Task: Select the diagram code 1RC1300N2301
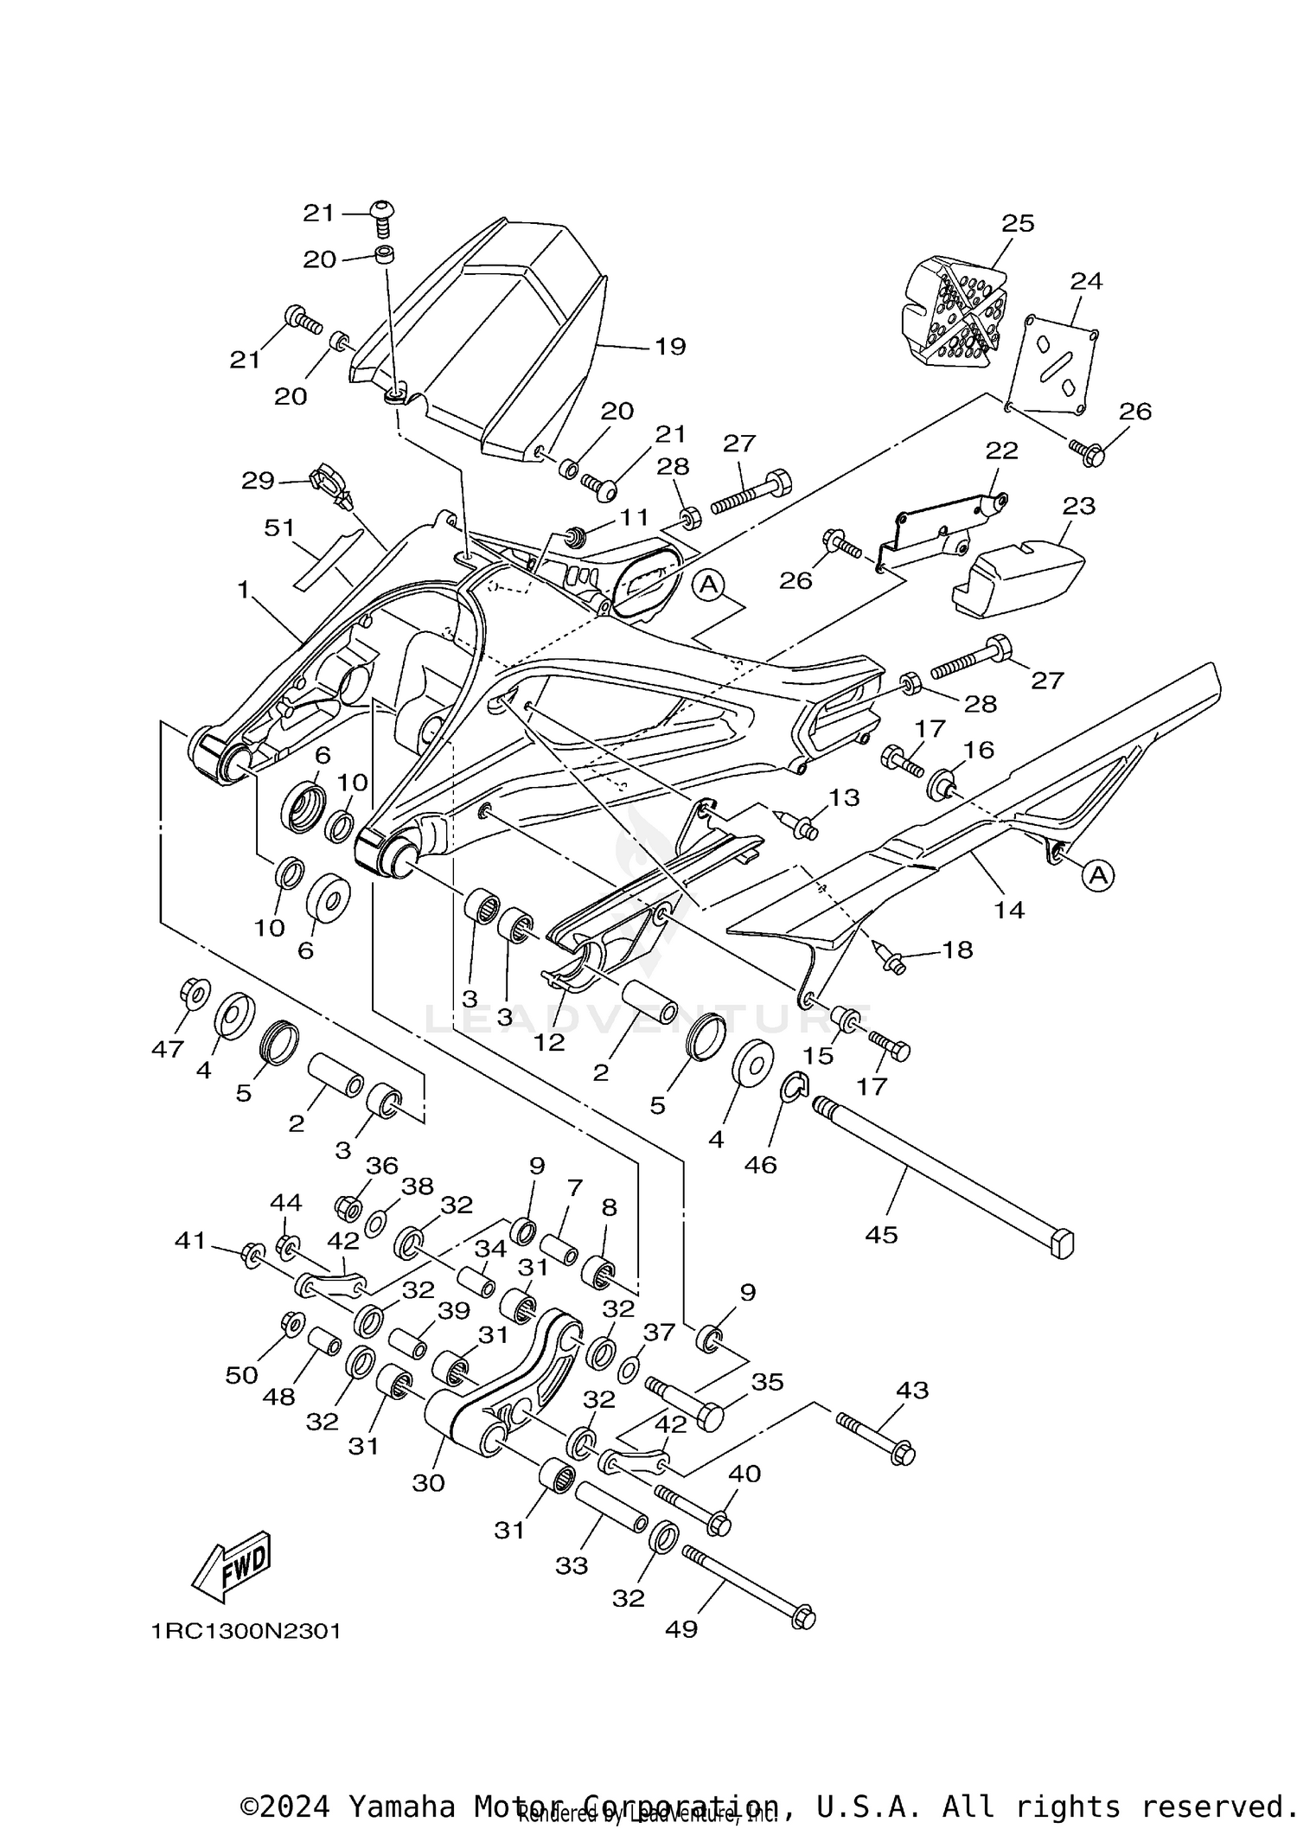(x=246, y=1632)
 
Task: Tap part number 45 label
(x=881, y=1235)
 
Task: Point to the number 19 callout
(x=670, y=347)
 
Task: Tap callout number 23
(x=1078, y=505)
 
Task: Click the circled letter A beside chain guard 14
(x=1097, y=876)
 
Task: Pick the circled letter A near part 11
(x=709, y=585)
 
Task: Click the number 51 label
(x=279, y=528)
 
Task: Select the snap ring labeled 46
(x=793, y=1087)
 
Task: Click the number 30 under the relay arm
(x=428, y=1482)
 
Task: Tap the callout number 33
(x=572, y=1566)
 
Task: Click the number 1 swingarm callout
(x=243, y=590)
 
